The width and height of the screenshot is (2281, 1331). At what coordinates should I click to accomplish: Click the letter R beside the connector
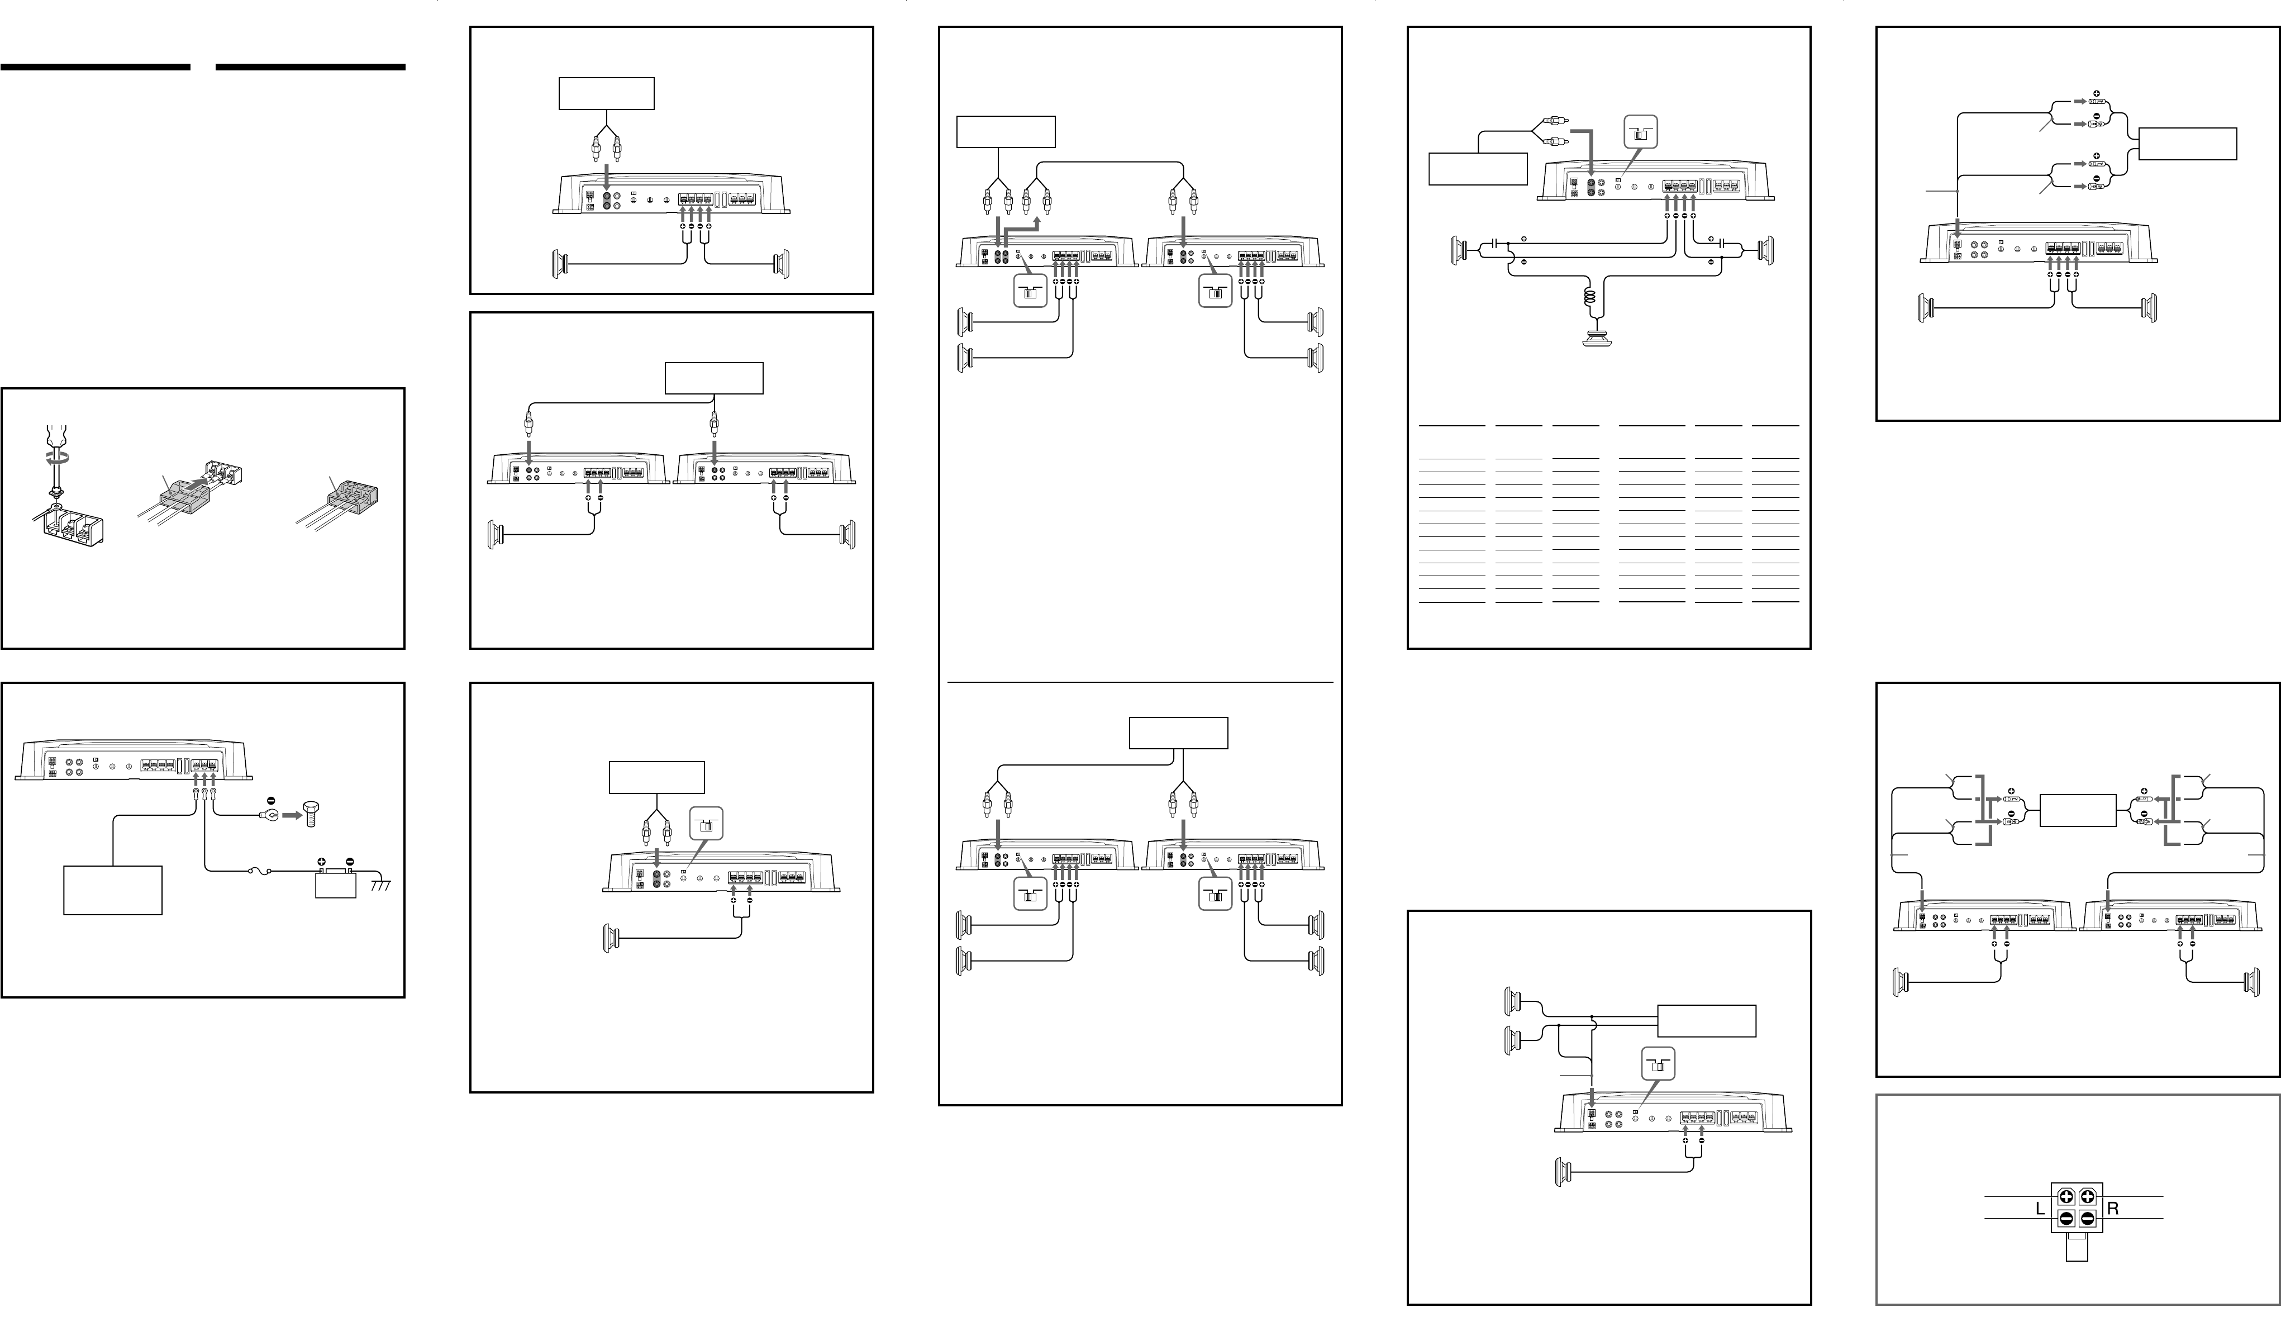point(2113,1209)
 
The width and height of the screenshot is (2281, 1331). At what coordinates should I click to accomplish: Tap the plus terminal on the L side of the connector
point(2066,1197)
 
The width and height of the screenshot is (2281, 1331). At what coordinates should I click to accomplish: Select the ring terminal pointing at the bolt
point(268,815)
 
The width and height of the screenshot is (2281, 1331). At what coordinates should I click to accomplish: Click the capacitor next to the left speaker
point(1496,245)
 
